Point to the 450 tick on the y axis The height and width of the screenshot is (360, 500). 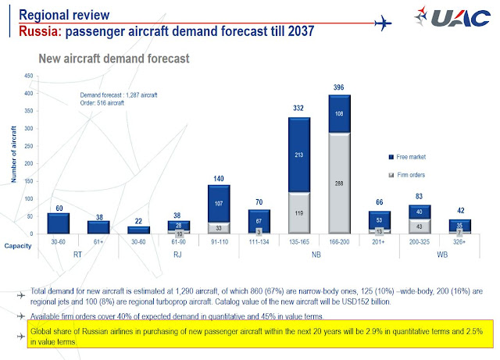(28, 76)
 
